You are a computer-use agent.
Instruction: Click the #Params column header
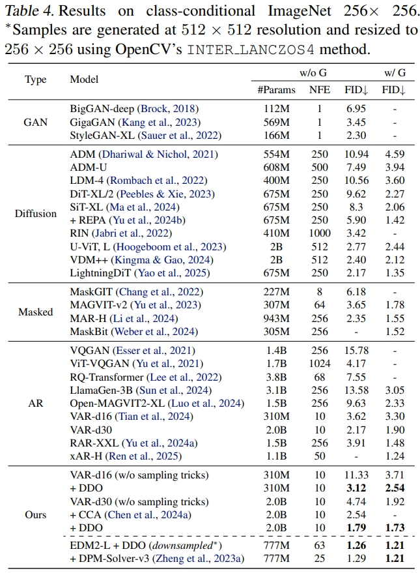click(x=276, y=90)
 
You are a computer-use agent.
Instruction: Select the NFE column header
click(x=319, y=90)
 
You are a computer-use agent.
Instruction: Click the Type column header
click(x=36, y=80)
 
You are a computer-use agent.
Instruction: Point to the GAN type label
click(x=36, y=122)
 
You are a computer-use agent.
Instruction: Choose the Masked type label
click(x=36, y=312)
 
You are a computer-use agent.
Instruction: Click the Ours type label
click(x=36, y=515)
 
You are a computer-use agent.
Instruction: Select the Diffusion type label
click(x=36, y=214)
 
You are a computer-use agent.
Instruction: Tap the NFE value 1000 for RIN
click(x=319, y=233)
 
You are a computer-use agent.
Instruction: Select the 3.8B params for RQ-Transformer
click(x=276, y=377)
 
